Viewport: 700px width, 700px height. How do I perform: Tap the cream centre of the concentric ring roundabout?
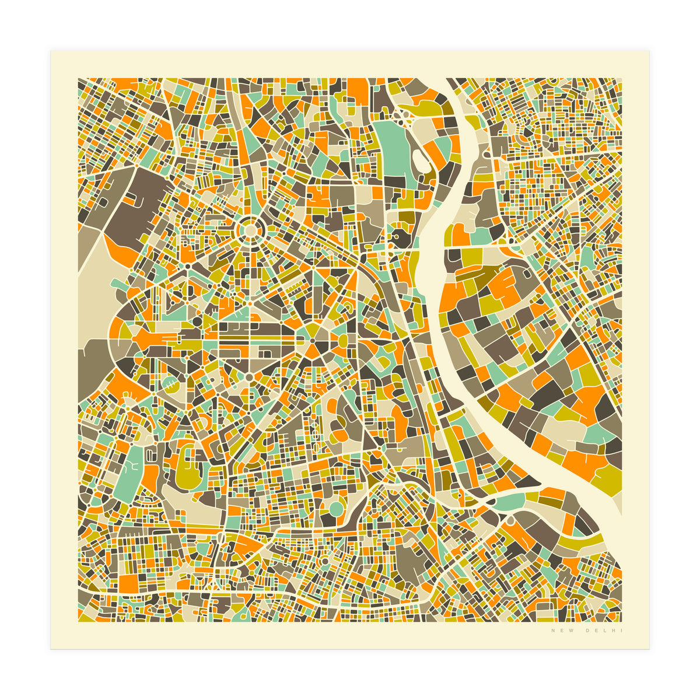click(x=250, y=231)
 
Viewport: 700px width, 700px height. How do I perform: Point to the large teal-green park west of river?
click(x=391, y=146)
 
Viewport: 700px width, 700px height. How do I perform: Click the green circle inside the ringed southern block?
click(x=336, y=509)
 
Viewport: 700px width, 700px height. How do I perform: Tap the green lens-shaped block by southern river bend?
click(x=508, y=501)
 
